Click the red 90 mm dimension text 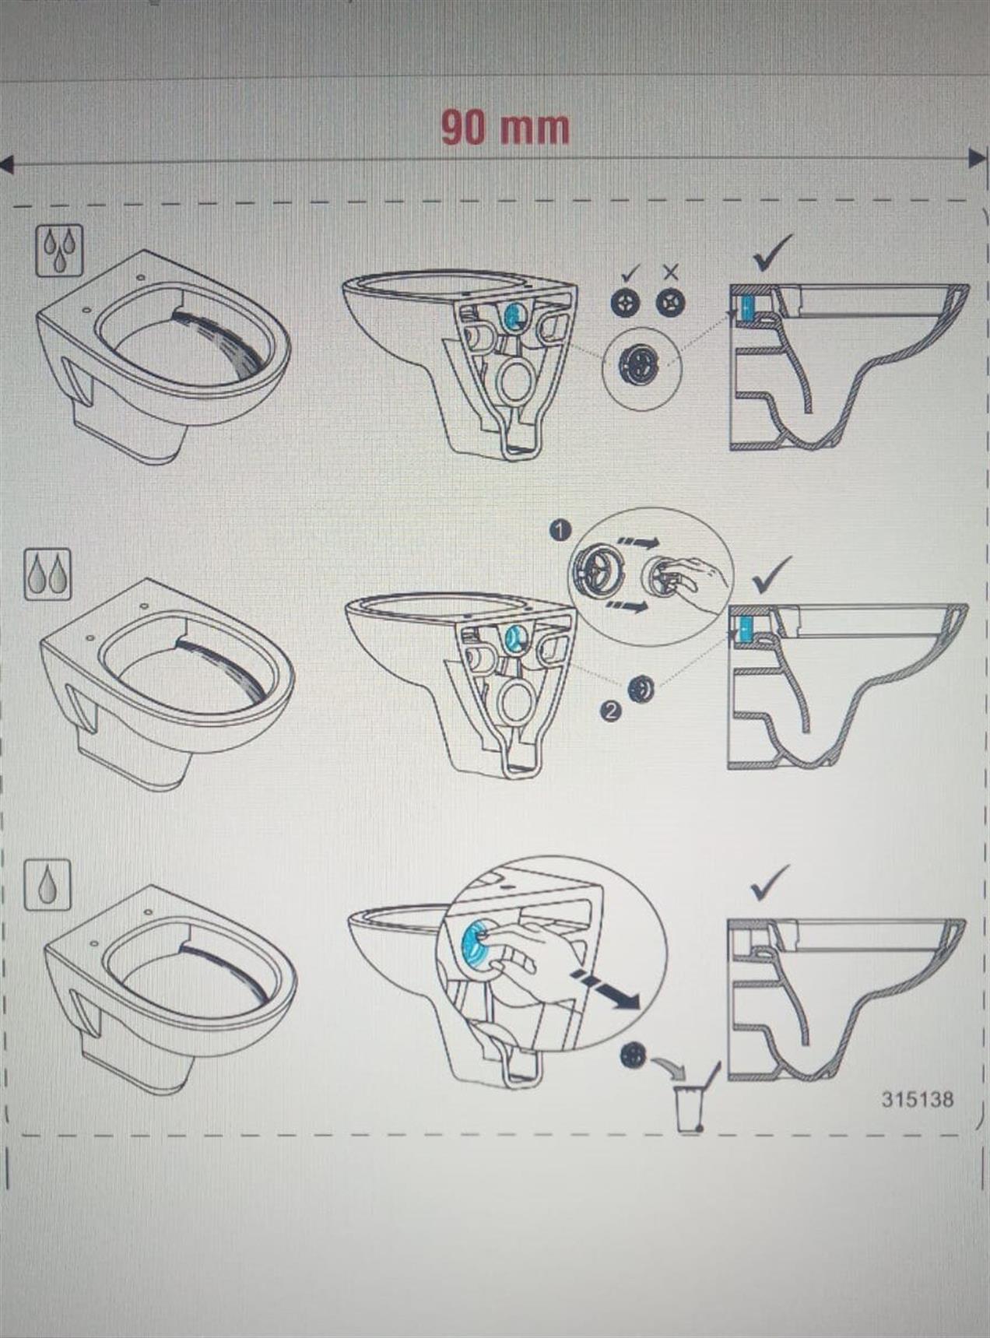coord(505,128)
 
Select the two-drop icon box coord(48,574)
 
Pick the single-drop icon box coord(47,884)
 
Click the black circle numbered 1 coord(560,530)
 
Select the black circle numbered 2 coord(611,710)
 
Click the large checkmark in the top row coord(773,252)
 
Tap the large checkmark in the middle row coord(773,574)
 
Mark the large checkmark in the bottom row coord(771,882)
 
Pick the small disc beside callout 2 coord(642,689)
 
